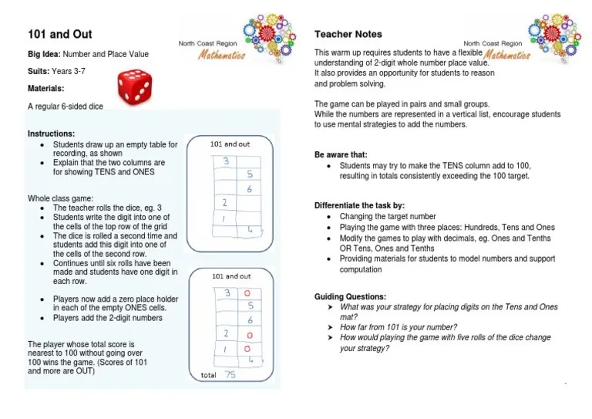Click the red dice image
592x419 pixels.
coord(135,86)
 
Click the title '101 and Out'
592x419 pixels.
coord(60,35)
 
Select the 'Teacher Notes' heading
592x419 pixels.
coord(348,35)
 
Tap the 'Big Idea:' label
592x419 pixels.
coord(44,54)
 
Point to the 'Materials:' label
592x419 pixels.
coord(45,88)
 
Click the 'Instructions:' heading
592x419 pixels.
coord(51,133)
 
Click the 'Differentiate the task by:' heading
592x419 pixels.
coord(359,206)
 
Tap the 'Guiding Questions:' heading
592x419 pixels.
coord(351,297)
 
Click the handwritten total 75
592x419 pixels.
coord(230,374)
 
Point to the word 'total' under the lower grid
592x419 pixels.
coord(208,376)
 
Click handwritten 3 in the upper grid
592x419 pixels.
coord(226,161)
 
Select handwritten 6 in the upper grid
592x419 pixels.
coord(249,189)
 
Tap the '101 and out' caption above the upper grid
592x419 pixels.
coord(230,144)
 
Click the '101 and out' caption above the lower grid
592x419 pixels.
coord(230,276)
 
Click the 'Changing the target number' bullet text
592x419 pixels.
coord(388,217)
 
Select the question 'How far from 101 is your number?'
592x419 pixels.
coord(399,327)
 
